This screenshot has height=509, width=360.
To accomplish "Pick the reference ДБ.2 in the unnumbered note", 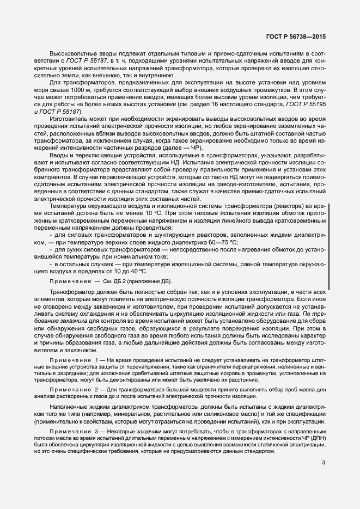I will [x=119, y=281].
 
